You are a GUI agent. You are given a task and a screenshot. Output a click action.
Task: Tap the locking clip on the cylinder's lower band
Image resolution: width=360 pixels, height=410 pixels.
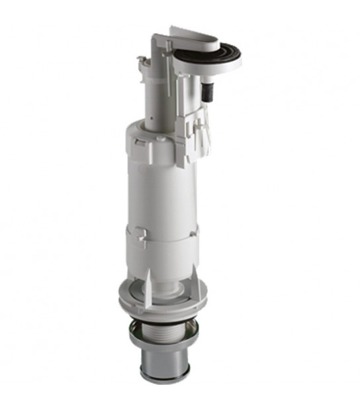click(x=140, y=237)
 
